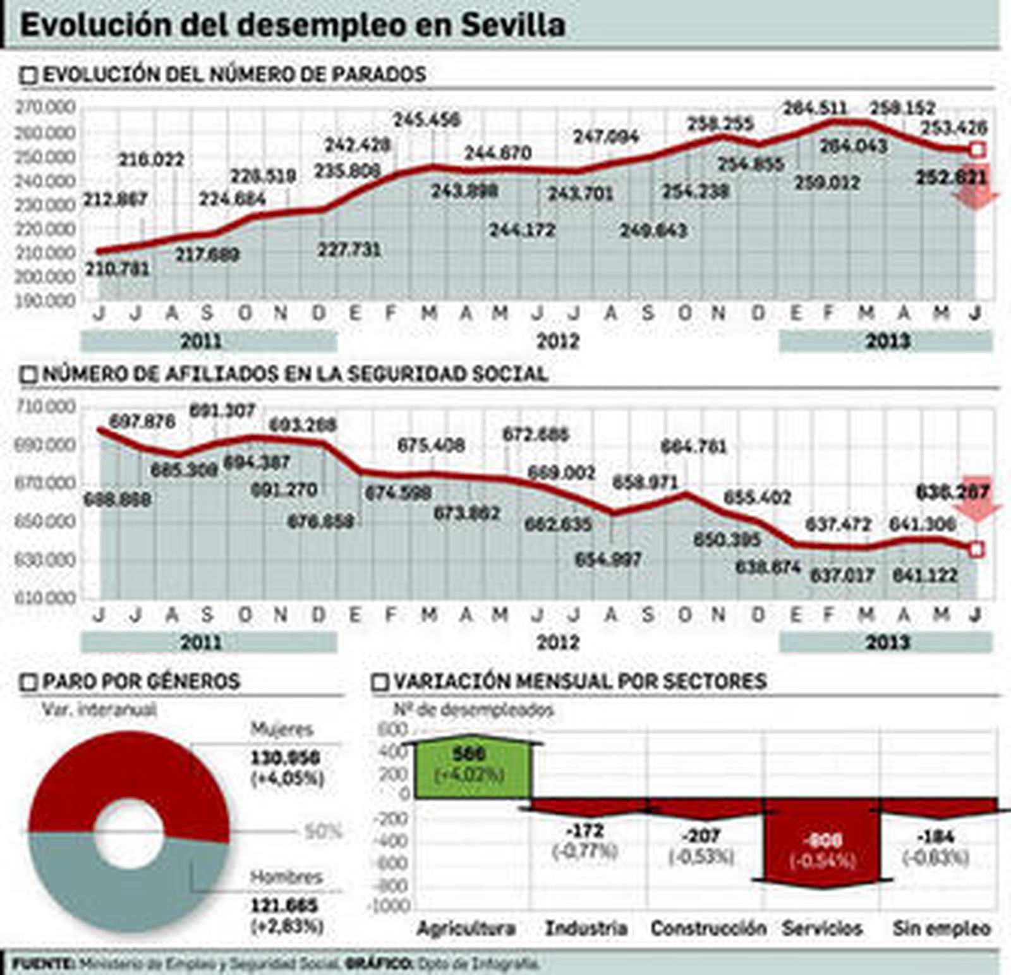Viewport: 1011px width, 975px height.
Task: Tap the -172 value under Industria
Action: (x=585, y=830)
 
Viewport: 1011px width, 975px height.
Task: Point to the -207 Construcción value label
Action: (x=701, y=836)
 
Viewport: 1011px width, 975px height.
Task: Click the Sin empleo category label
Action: (x=941, y=928)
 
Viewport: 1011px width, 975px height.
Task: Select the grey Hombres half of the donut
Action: (x=130, y=897)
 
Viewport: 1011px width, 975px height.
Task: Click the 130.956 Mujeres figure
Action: (x=286, y=758)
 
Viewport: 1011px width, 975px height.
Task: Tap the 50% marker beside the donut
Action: (x=323, y=832)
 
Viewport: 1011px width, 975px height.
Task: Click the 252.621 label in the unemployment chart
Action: (x=951, y=178)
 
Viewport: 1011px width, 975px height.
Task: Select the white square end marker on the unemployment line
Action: (x=976, y=150)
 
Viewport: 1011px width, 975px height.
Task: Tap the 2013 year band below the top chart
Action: (x=887, y=341)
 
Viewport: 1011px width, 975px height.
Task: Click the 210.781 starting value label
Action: (x=117, y=269)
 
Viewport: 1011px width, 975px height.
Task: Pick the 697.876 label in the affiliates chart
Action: (x=142, y=421)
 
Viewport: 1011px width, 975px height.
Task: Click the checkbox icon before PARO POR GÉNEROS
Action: (x=28, y=682)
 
